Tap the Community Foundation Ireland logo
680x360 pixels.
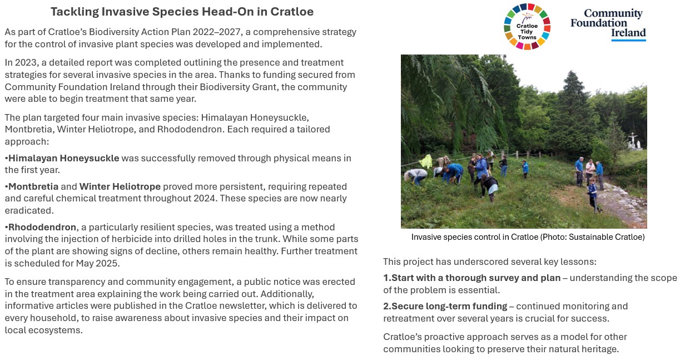coord(608,24)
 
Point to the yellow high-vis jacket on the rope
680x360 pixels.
coord(425,161)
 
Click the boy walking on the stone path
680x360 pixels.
coord(593,195)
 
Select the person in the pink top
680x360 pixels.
coord(590,171)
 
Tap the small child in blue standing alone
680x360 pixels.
coord(525,169)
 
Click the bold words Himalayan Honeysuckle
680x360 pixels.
coord(63,158)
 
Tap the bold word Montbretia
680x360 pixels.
coord(33,186)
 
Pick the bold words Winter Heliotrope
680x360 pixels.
coord(120,186)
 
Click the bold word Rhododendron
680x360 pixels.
coord(42,227)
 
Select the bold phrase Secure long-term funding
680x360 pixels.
coord(449,306)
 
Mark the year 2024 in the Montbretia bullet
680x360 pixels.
coord(205,198)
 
